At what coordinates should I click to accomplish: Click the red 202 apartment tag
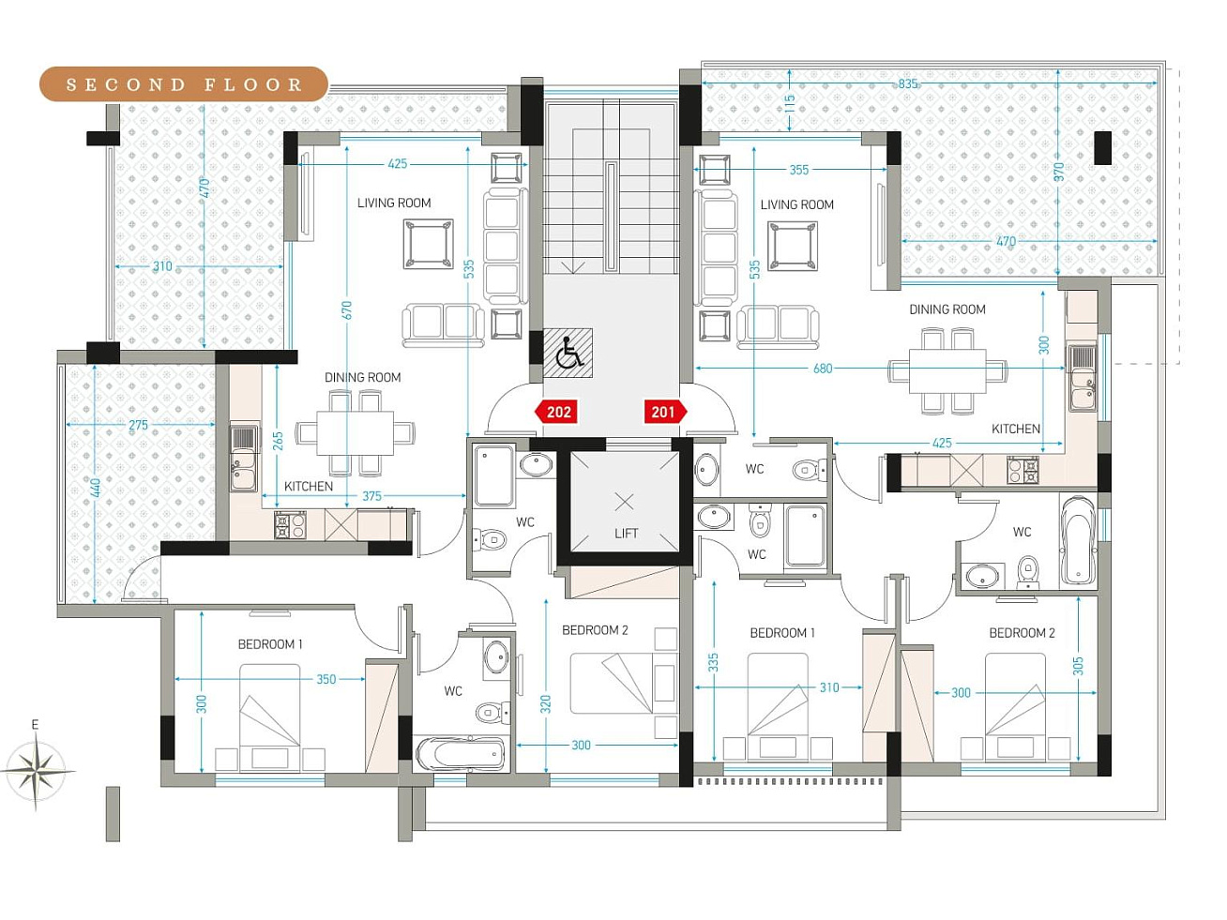[x=556, y=413]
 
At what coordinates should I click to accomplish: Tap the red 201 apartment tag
[x=666, y=413]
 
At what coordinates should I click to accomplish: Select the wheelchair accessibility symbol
[x=568, y=353]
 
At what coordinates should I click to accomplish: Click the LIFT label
[x=626, y=534]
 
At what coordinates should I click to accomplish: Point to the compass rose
[x=37, y=772]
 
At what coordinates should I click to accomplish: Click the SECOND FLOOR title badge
[x=183, y=84]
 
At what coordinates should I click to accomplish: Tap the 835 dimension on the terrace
[x=908, y=83]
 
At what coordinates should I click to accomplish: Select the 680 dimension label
[x=823, y=369]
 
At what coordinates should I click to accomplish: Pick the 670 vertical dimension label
[x=346, y=310]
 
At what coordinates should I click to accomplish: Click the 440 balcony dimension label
[x=96, y=488]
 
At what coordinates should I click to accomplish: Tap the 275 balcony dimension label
[x=138, y=425]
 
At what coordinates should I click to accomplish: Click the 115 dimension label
[x=789, y=104]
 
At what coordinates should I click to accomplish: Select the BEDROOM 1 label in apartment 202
[x=270, y=644]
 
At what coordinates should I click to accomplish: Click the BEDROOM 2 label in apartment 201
[x=1022, y=633]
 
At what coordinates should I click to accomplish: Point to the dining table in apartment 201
[x=947, y=371]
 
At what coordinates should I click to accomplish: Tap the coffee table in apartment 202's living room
[x=428, y=244]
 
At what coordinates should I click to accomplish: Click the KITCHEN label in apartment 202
[x=309, y=487]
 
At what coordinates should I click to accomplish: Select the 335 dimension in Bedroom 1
[x=713, y=662]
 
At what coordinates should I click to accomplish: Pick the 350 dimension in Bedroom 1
[x=326, y=679]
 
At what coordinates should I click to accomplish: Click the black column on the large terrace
[x=1102, y=148]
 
